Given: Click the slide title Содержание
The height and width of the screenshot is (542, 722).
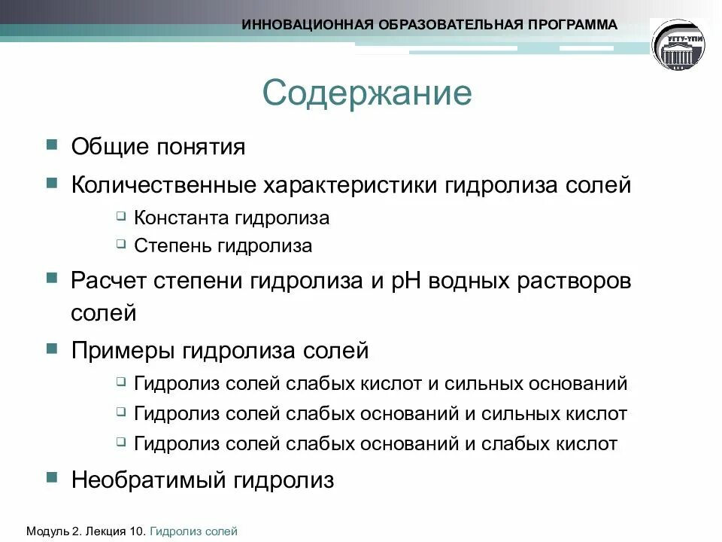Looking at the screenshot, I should pyautogui.click(x=367, y=93).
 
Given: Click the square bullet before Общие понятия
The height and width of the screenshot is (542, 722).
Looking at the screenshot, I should pyautogui.click(x=51, y=144).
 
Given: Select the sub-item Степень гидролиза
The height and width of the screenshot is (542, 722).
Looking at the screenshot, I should pyautogui.click(x=223, y=245).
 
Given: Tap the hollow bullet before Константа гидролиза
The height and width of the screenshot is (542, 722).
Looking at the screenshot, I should pyautogui.click(x=122, y=217).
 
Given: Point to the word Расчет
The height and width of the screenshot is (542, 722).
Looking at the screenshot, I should pyautogui.click(x=108, y=281).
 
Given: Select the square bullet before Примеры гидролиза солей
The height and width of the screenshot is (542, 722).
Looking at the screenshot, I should pyautogui.click(x=51, y=349).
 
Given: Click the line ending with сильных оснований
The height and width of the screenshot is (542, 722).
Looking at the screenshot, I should pyautogui.click(x=380, y=384).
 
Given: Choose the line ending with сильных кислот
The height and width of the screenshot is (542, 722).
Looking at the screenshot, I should pyautogui.click(x=380, y=413).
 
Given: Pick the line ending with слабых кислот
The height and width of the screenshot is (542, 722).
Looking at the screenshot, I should pyautogui.click(x=375, y=443).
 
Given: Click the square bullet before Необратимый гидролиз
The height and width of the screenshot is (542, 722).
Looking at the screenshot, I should pyautogui.click(x=51, y=478).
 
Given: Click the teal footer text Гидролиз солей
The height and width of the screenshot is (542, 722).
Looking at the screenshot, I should pyautogui.click(x=194, y=531).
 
